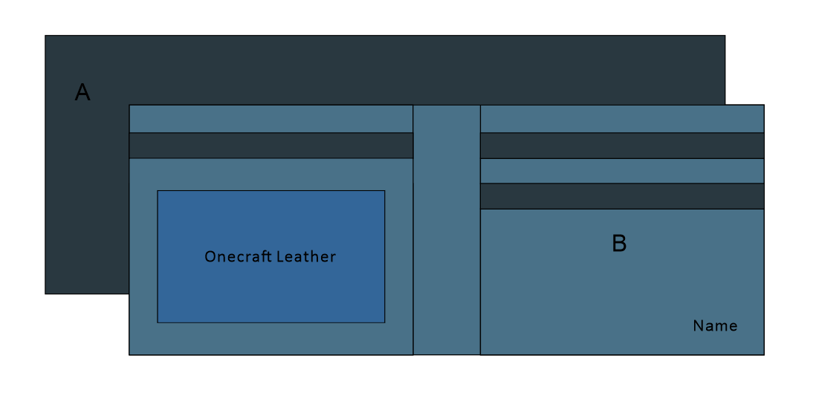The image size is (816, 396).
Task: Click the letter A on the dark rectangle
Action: [82, 93]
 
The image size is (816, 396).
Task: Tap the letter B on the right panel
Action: [619, 244]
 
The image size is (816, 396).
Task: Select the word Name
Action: [715, 325]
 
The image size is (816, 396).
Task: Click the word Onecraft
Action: [237, 257]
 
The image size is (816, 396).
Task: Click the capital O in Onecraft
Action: [210, 257]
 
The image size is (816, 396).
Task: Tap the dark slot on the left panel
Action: [271, 146]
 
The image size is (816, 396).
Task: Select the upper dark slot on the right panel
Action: [621, 146]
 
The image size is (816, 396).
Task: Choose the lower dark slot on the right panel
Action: [621, 196]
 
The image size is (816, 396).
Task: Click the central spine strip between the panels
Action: [447, 230]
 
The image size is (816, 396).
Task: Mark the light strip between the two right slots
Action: [621, 171]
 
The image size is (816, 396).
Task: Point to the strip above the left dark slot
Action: [271, 119]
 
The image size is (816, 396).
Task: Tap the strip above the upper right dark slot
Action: [621, 119]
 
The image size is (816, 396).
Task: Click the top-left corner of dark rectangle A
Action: [45, 36]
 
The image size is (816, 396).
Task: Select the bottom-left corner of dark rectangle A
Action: [45, 293]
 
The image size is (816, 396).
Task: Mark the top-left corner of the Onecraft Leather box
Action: [158, 191]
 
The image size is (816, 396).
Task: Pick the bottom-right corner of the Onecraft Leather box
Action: [384, 322]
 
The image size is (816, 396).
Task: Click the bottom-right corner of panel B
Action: [763, 354]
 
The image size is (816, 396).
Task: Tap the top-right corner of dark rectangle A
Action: [725, 36]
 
